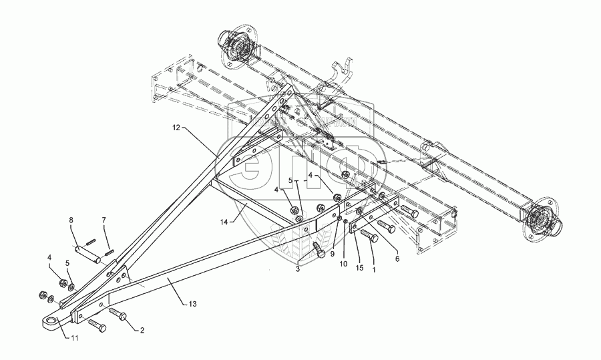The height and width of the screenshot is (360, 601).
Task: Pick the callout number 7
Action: tap(104, 220)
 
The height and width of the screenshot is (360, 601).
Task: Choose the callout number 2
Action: tap(141, 331)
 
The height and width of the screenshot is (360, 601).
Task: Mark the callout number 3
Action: tap(298, 268)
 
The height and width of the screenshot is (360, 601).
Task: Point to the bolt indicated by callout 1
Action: tap(369, 235)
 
